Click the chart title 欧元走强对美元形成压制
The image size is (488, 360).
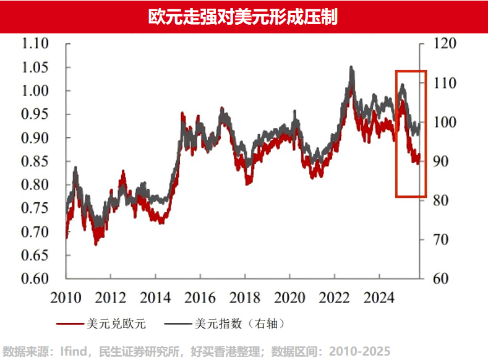[x=243, y=17]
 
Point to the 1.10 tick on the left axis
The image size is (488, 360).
[x=35, y=44]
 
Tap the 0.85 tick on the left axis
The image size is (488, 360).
[x=35, y=161]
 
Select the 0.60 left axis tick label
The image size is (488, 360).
[x=35, y=278]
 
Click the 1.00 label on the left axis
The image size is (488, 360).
[x=35, y=91]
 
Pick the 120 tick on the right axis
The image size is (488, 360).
[x=443, y=44]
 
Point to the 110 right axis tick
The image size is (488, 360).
[x=443, y=83]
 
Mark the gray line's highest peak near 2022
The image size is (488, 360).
[x=351, y=67]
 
